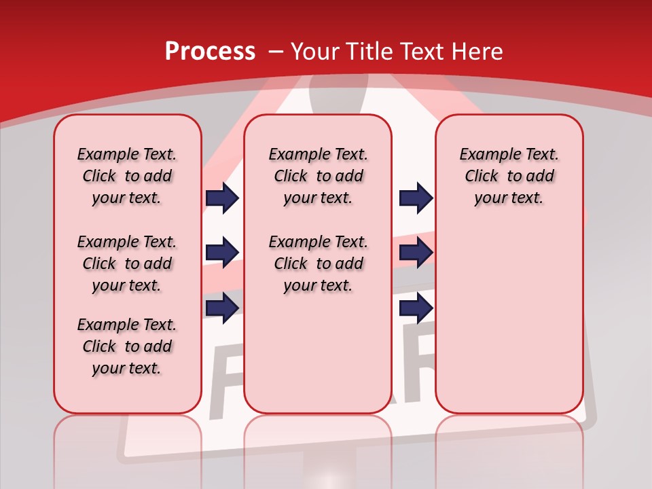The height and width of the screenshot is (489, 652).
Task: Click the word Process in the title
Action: (x=210, y=51)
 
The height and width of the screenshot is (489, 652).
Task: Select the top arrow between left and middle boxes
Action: (x=222, y=198)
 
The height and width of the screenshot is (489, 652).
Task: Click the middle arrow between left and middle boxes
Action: (x=222, y=253)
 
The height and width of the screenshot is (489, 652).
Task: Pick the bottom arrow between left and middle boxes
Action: (x=222, y=308)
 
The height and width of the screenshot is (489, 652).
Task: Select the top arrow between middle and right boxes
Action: (x=416, y=198)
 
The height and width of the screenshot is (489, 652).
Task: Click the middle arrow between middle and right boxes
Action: (x=416, y=253)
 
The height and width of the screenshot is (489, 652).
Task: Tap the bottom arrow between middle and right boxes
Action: (x=416, y=308)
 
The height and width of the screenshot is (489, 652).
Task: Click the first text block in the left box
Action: (x=127, y=176)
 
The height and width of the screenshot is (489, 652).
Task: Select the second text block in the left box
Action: (x=127, y=264)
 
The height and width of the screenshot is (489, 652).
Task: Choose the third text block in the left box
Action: (x=127, y=346)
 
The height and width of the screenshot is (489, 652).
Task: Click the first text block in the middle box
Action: (x=318, y=176)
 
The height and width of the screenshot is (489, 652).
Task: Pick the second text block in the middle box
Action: (x=318, y=264)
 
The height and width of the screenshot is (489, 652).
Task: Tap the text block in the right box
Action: (x=509, y=176)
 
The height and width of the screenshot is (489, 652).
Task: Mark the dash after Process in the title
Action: (x=276, y=51)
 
